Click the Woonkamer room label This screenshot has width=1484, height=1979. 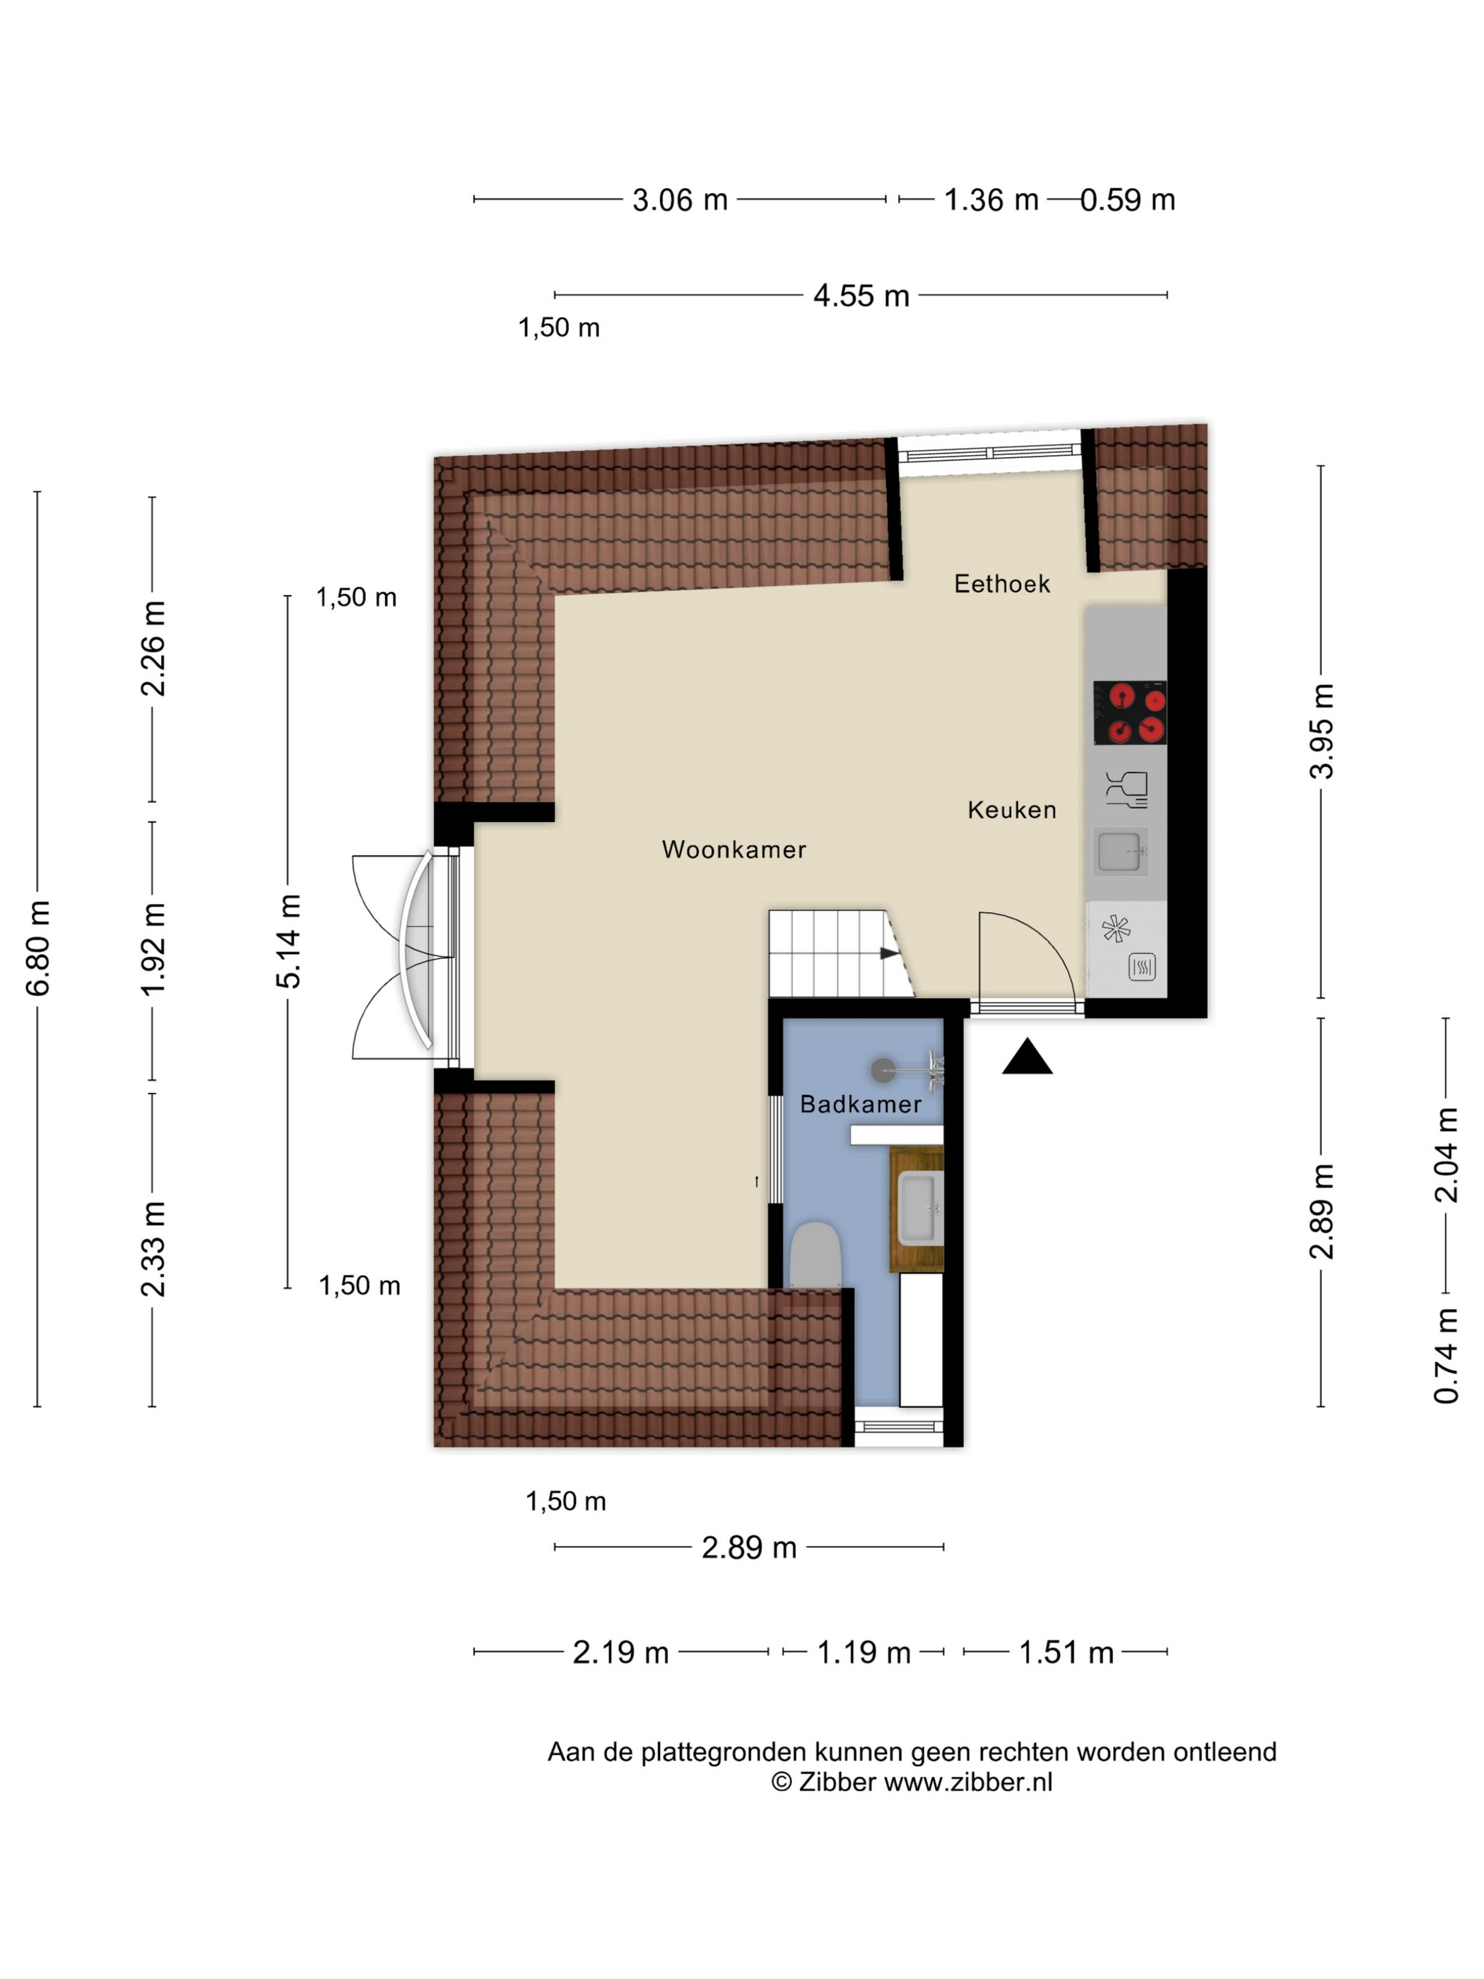click(x=734, y=849)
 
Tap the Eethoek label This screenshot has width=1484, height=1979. click(x=1002, y=583)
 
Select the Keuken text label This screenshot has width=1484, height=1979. click(x=1012, y=810)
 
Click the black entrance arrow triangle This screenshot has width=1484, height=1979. click(x=1026, y=1057)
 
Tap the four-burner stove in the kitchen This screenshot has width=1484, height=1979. click(x=1130, y=712)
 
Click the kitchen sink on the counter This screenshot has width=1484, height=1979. click(x=1120, y=851)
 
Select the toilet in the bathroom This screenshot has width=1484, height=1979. click(x=814, y=1255)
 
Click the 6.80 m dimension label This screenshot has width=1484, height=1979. click(x=37, y=949)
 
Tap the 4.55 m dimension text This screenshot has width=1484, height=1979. click(x=861, y=295)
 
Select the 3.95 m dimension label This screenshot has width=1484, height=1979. click(x=1321, y=731)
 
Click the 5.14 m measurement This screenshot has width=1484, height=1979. click(x=288, y=941)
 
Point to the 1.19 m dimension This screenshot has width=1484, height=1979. click(x=864, y=1652)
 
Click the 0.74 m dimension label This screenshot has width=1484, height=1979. click(x=1446, y=1356)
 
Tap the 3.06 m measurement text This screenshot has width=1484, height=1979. click(x=680, y=199)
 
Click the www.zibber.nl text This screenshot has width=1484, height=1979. click(x=968, y=1781)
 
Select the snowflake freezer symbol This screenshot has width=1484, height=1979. click(x=1115, y=929)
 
